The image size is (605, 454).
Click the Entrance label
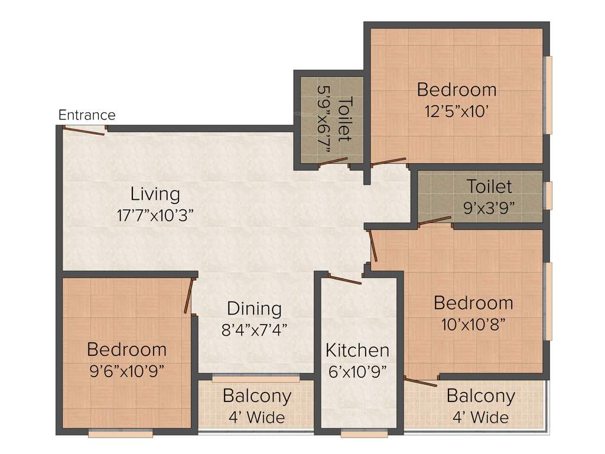pos(87,115)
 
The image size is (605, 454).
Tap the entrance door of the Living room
pos(84,131)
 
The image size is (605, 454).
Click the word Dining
pos(254,309)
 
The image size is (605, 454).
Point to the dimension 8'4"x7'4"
pos(254,329)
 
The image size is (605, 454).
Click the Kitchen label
pos(357,350)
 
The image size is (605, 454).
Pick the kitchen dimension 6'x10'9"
pos(357,371)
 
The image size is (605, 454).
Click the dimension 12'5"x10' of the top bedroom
pos(456,111)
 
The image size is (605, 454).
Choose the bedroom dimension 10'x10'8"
pos(473,324)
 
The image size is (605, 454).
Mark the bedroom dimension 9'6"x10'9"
pos(126,371)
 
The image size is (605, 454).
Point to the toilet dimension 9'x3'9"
pos(490,207)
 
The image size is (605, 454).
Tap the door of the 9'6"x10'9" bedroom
pos(188,296)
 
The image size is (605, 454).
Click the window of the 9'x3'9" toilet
pos(548,196)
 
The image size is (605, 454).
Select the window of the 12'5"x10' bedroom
pos(548,95)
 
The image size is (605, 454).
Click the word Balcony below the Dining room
pos(256,396)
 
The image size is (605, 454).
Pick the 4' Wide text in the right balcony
pos(480,417)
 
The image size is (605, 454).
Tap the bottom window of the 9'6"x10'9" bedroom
pos(121,434)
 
